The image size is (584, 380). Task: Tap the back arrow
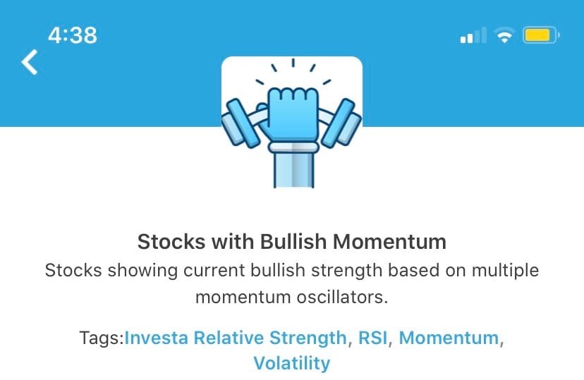click(x=30, y=62)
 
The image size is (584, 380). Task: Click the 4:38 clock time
click(x=73, y=35)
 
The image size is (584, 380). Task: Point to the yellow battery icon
click(x=541, y=35)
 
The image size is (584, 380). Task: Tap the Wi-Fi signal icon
click(x=504, y=35)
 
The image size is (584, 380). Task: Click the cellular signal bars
click(x=473, y=35)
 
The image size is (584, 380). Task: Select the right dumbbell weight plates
click(x=341, y=123)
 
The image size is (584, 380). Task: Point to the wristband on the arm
click(x=293, y=147)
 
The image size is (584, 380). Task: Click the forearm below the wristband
click(x=293, y=171)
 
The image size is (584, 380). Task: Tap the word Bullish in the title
click(x=293, y=242)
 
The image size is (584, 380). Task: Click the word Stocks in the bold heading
click(x=171, y=242)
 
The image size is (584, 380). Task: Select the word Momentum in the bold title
click(x=389, y=242)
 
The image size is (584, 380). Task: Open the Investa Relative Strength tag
click(x=236, y=338)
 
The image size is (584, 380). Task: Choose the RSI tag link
click(x=372, y=338)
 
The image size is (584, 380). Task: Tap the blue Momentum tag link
click(x=449, y=338)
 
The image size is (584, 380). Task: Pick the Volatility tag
click(x=292, y=363)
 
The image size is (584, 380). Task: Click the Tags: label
click(x=102, y=338)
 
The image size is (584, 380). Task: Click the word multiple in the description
click(x=505, y=271)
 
